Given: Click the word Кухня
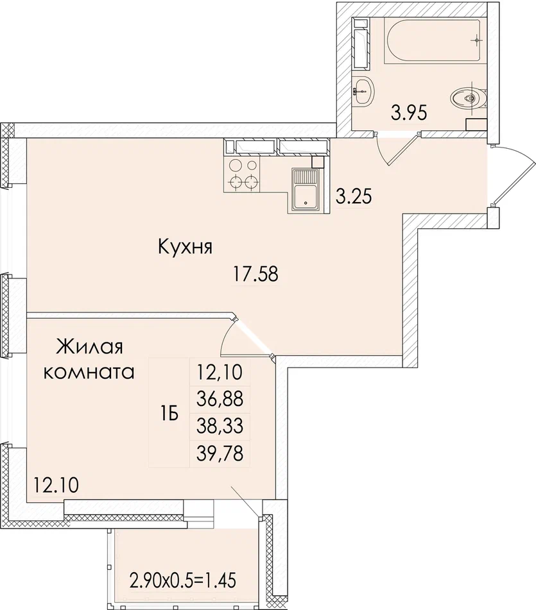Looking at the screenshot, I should (x=185, y=247).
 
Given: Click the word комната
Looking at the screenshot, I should (x=89, y=372).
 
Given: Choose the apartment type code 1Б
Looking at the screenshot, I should (x=169, y=414).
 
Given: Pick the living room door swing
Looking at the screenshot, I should (x=244, y=337).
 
